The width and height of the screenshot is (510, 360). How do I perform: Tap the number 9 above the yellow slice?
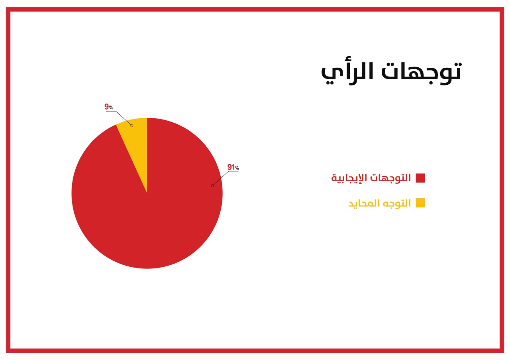tap(106, 106)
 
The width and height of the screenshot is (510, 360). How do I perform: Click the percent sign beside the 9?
tap(111, 108)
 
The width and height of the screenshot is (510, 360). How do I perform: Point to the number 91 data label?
tap(231, 167)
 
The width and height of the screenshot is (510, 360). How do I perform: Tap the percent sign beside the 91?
tap(237, 168)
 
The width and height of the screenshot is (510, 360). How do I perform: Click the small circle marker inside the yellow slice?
tap(132, 125)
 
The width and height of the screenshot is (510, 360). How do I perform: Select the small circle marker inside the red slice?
tap(213, 186)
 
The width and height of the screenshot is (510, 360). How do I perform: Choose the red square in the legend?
tap(420, 178)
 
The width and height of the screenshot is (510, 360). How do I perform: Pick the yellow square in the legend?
tap(420, 203)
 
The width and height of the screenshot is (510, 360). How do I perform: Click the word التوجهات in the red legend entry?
tap(390, 178)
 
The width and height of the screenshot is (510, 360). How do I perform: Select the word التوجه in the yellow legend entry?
tap(397, 203)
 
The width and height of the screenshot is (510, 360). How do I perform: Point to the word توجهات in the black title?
tap(422, 73)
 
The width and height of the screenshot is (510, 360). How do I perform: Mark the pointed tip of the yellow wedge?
tap(147, 193)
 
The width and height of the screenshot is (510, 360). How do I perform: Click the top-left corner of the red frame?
tap(8, 9)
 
